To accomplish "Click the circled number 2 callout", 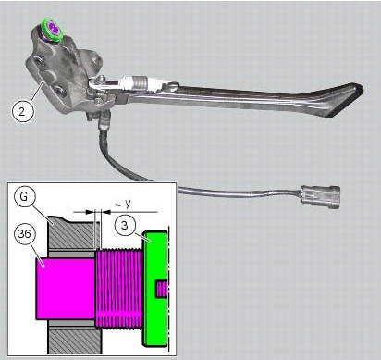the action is click(21, 111).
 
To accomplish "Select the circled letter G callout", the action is click(24, 196).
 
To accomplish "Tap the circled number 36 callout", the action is click(24, 233).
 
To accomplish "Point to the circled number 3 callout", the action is click(124, 225).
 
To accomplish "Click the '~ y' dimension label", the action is click(123, 204).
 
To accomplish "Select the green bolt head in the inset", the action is click(154, 289).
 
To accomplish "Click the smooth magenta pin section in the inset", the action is click(65, 289).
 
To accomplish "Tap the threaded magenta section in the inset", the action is click(118, 289).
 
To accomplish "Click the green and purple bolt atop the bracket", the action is click(53, 30).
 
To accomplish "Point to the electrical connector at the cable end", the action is click(321, 197).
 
